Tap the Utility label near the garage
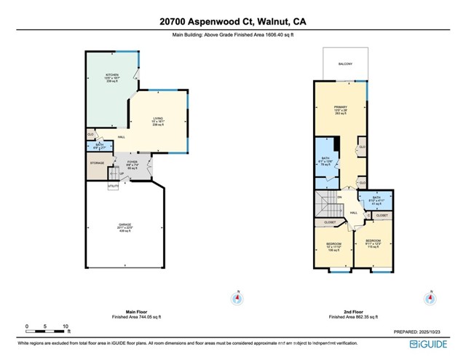click(113, 187)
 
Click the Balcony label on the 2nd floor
click(345, 64)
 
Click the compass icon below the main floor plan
click(237, 297)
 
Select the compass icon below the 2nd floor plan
click(431, 297)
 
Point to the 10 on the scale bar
click(66, 326)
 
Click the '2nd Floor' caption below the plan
click(347, 313)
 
